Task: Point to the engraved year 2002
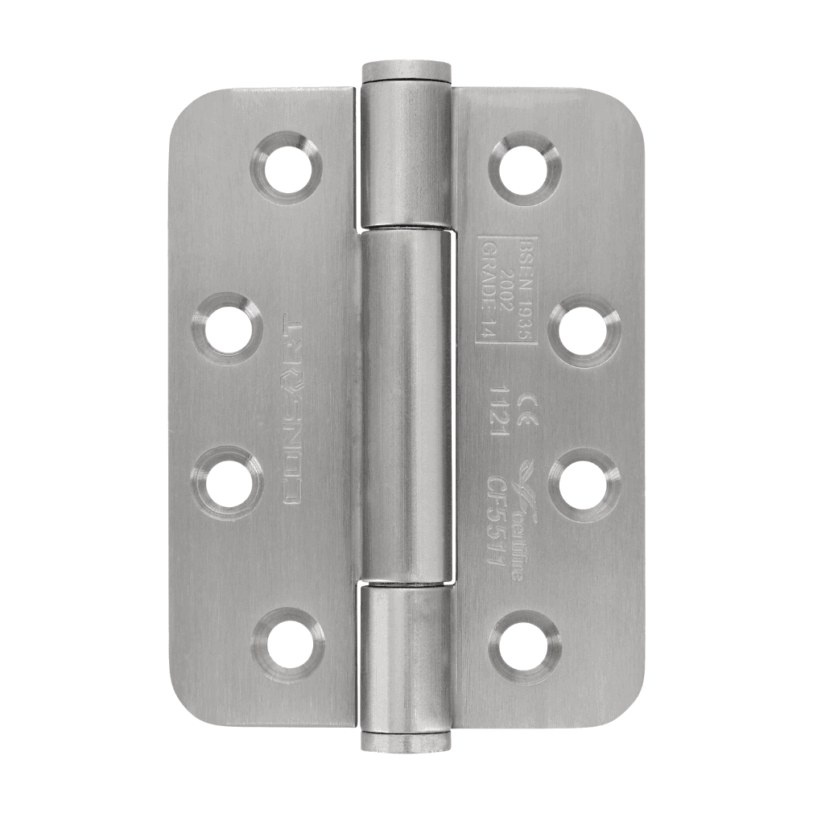[507, 291]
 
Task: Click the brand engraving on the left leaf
[293, 411]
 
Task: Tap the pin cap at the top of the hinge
[405, 69]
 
